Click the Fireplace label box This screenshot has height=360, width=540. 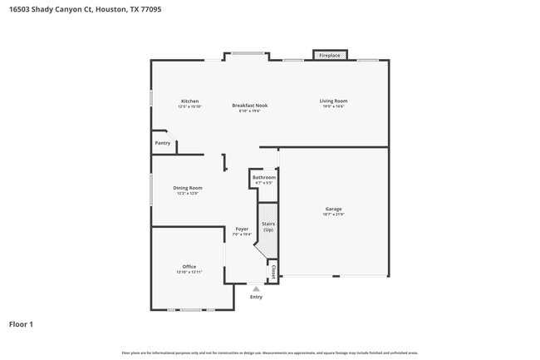(x=330, y=56)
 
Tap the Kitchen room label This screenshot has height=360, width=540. (x=189, y=101)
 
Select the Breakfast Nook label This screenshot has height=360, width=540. (x=249, y=106)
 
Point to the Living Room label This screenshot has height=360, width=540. (x=333, y=101)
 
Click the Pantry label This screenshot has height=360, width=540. (x=163, y=143)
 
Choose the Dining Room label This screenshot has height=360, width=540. (x=188, y=188)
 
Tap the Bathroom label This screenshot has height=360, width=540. (x=264, y=177)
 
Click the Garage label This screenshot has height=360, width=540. (x=333, y=209)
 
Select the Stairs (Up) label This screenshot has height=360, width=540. (x=268, y=226)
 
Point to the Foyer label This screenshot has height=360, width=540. (x=242, y=229)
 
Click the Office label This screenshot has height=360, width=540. (x=189, y=267)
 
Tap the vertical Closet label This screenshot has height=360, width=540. (x=272, y=271)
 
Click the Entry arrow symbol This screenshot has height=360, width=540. (x=256, y=288)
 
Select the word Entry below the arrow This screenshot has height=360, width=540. (x=256, y=297)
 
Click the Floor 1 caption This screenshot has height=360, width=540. (x=22, y=323)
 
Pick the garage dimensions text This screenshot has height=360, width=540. (x=333, y=215)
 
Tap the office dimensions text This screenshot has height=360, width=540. (x=189, y=273)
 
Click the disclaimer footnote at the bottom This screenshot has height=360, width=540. (x=270, y=353)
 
